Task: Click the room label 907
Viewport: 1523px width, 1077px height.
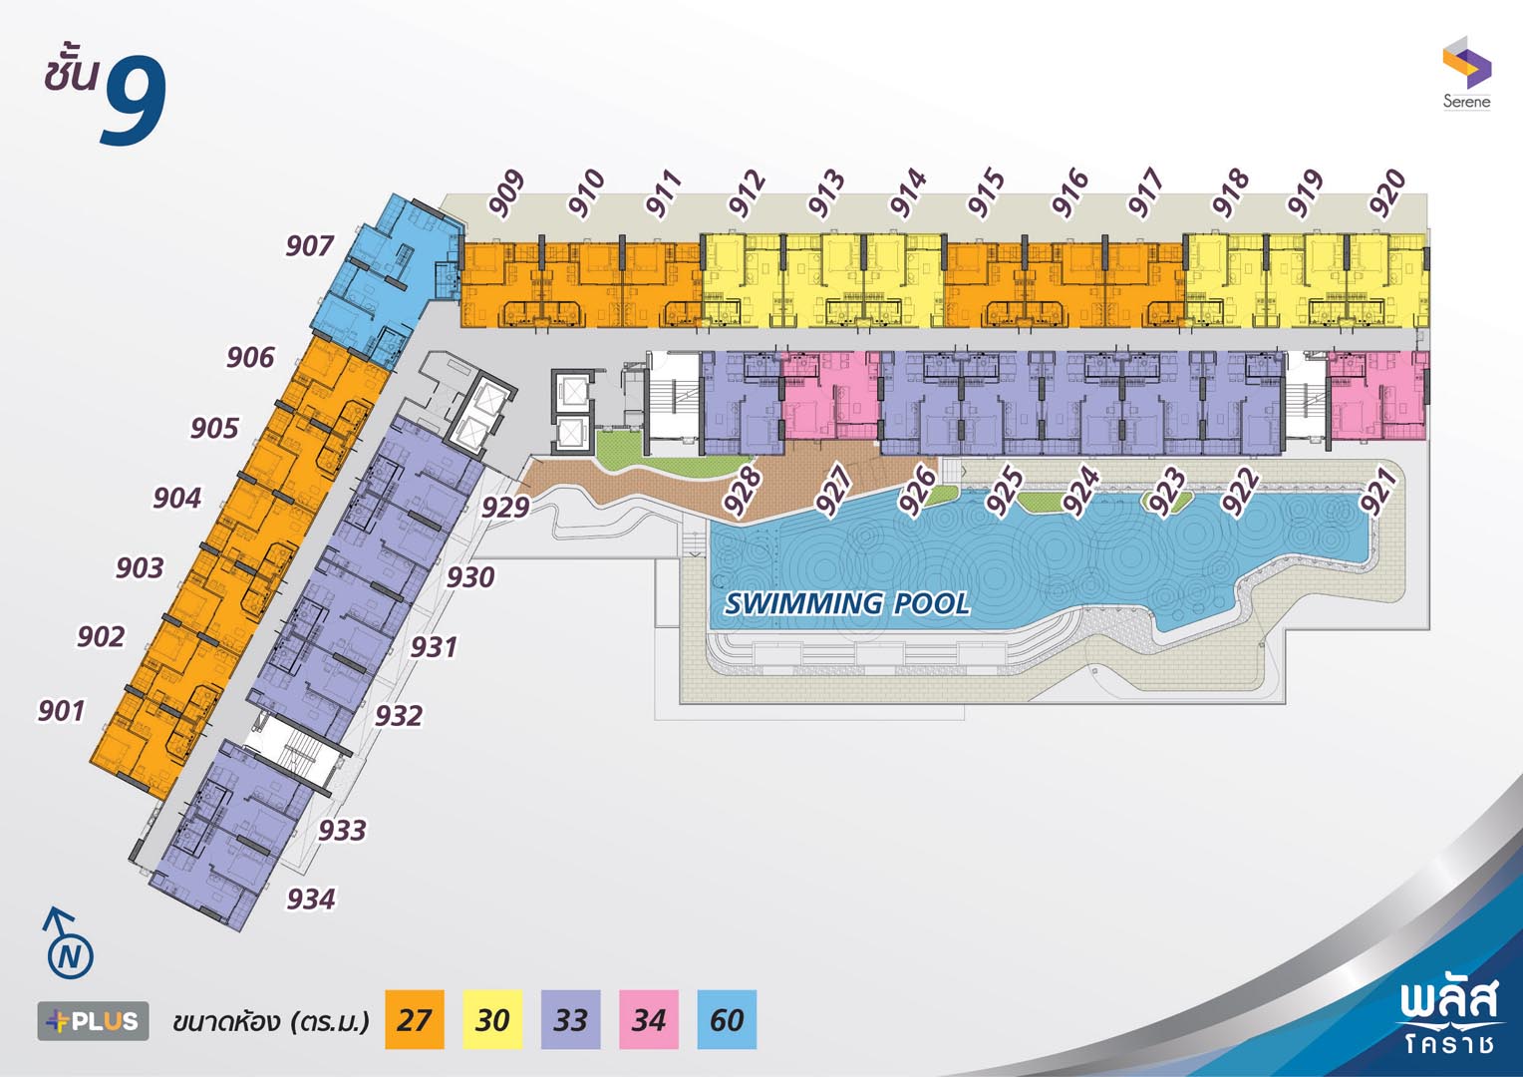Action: [309, 245]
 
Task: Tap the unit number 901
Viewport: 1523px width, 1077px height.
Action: [61, 711]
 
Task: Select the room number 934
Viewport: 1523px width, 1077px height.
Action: [311, 898]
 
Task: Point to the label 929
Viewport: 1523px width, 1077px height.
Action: [505, 507]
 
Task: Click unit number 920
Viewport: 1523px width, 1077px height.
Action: [1387, 192]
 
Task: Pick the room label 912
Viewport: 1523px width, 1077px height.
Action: [747, 193]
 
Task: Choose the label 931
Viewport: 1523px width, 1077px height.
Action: [434, 647]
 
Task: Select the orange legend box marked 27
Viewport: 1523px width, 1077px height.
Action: [414, 1020]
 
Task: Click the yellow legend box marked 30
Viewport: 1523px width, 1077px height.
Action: [492, 1020]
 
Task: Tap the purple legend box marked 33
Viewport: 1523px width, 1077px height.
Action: [570, 1020]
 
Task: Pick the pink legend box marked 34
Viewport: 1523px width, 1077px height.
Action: [649, 1020]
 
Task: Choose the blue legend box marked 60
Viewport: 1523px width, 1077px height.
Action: [727, 1020]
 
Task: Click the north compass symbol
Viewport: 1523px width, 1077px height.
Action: [68, 944]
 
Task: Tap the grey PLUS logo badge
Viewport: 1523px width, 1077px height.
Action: [93, 1021]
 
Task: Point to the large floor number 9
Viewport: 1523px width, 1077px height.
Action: [134, 100]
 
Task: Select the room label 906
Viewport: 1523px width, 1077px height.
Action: [250, 357]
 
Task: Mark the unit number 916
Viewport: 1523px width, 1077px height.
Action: [1068, 193]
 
